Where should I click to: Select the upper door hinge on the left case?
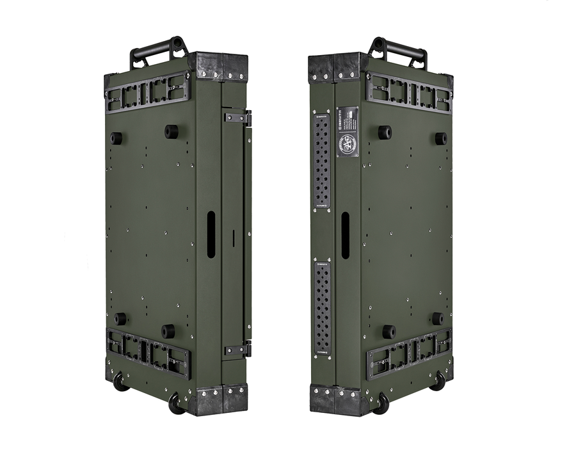point(237,118)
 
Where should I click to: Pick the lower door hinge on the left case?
point(237,350)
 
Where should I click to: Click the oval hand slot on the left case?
point(211,234)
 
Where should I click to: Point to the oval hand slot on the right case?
point(345,235)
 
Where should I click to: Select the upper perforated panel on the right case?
point(321,161)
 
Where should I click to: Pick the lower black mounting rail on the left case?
point(148,353)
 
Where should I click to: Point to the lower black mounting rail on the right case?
point(409,352)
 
